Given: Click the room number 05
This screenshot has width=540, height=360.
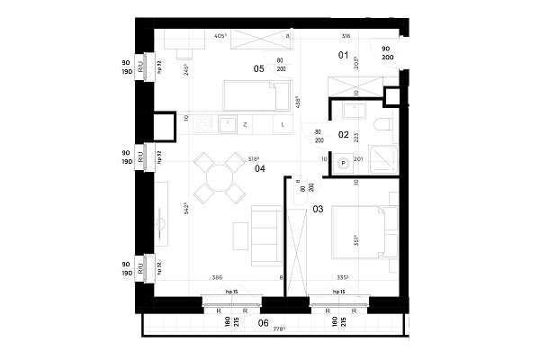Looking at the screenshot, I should (x=258, y=67).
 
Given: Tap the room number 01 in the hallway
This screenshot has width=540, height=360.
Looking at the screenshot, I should (x=343, y=56).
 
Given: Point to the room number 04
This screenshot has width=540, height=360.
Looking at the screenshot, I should (x=259, y=168).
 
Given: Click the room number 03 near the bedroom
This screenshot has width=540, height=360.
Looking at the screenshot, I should (x=318, y=209).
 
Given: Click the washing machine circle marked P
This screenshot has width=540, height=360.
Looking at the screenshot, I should (x=343, y=163).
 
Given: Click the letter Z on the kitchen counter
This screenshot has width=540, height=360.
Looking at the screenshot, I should (x=245, y=124).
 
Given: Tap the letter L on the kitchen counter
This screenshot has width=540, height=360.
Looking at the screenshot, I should (x=283, y=124).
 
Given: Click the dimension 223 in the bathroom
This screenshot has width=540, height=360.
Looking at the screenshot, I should (x=356, y=137).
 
